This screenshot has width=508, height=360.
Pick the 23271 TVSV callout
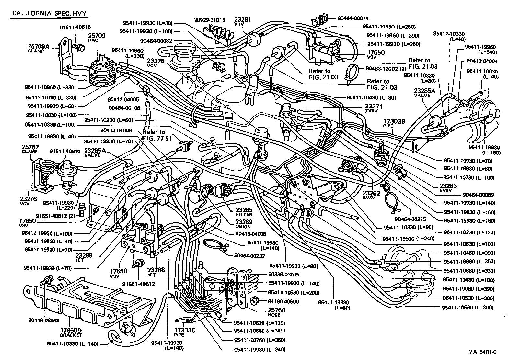pyautogui.click(x=374, y=108)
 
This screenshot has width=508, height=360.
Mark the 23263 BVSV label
pyautogui.click(x=448, y=188)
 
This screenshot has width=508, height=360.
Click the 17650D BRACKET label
pyautogui.click(x=71, y=332)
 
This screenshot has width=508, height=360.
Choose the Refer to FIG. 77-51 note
pyautogui.click(x=154, y=135)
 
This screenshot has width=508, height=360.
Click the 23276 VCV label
pyautogui.click(x=29, y=202)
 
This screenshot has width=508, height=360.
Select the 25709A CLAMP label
pyautogui.click(x=38, y=48)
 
